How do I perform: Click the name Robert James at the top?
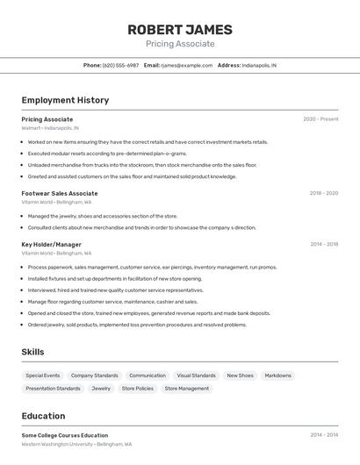pyautogui.click(x=179, y=29)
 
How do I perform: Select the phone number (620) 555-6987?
pyautogui.click(x=120, y=65)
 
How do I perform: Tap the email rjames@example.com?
pyautogui.click(x=186, y=65)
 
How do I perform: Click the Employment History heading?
pyautogui.click(x=65, y=100)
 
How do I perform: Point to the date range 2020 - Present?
pyautogui.click(x=320, y=118)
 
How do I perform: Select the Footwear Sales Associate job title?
pyautogui.click(x=60, y=193)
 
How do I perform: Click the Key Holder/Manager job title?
pyautogui.click(x=51, y=244)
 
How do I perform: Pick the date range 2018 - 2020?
pyautogui.click(x=323, y=193)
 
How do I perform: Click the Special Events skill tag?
pyautogui.click(x=43, y=376)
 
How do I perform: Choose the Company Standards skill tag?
pyautogui.click(x=94, y=376)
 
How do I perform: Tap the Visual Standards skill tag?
pyautogui.click(x=196, y=376)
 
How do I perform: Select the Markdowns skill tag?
pyautogui.click(x=277, y=376)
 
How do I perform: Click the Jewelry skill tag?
pyautogui.click(x=101, y=388)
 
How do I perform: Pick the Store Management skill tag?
pyautogui.click(x=187, y=388)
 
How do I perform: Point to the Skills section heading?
pyautogui.click(x=33, y=352)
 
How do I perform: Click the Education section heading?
pyautogui.click(x=43, y=416)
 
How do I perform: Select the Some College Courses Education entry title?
pyautogui.click(x=65, y=435)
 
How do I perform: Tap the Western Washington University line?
pyautogui.click(x=76, y=444)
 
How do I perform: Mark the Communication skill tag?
pyautogui.click(x=148, y=376)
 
